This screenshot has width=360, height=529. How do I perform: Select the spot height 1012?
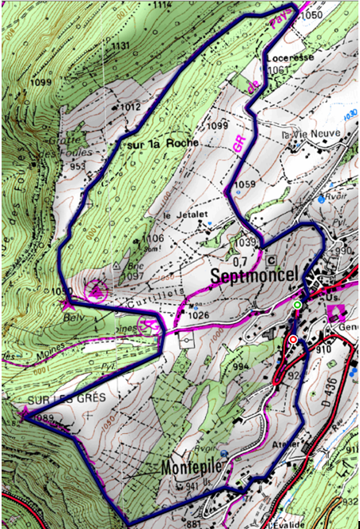130,106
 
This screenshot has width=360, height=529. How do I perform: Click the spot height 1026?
201,316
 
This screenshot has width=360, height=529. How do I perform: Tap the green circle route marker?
297,306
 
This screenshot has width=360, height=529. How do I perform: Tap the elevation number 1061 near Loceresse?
278,70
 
